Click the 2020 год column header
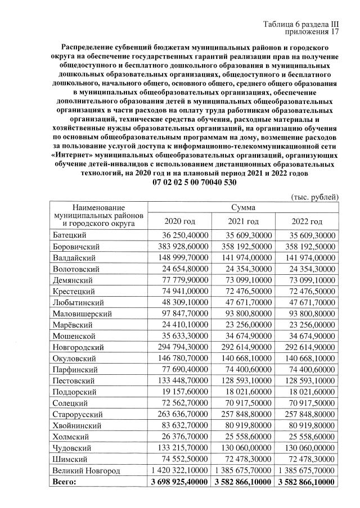179,221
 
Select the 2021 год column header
244,221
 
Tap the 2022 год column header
308,221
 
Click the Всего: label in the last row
64,482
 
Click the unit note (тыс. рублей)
314,197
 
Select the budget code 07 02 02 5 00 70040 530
195,183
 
